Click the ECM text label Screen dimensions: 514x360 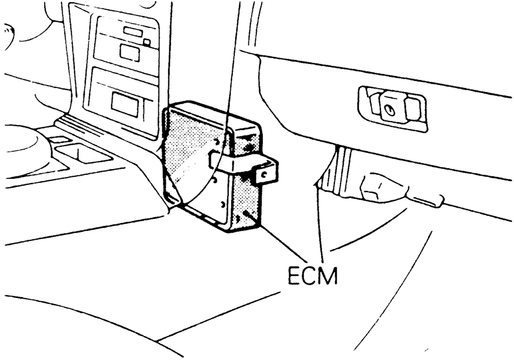point(312,275)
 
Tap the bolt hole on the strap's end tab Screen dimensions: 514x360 point(265,173)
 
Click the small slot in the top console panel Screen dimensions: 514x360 point(133,31)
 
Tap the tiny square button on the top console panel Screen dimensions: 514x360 point(147,42)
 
